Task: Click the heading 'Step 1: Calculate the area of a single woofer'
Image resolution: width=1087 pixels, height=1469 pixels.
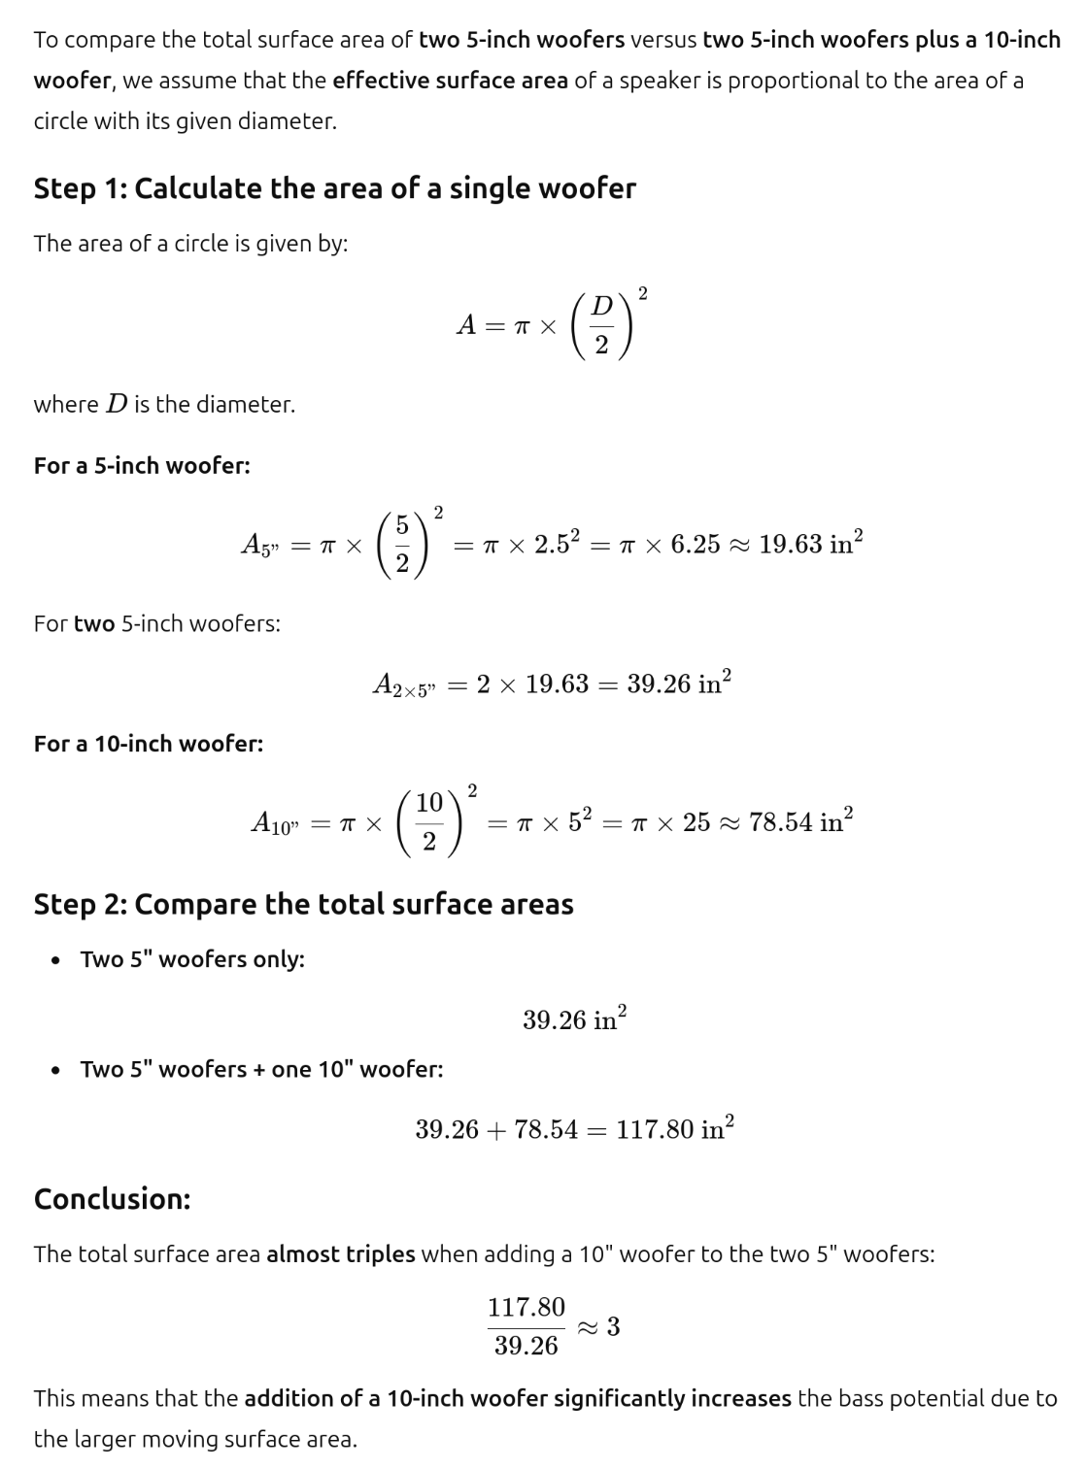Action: (334, 188)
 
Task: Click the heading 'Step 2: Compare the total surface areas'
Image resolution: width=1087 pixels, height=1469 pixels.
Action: (303, 904)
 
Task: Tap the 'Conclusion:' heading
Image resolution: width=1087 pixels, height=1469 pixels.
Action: (112, 1199)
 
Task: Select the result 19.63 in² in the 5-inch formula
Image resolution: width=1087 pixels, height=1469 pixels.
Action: (810, 544)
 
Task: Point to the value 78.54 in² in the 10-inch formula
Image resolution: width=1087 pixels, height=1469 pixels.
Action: (800, 821)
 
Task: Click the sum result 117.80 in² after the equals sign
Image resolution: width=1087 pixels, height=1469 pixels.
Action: (674, 1128)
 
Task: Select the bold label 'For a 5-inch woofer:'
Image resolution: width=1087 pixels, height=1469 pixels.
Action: (142, 466)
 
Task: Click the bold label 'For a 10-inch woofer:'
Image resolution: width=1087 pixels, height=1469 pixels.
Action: (148, 744)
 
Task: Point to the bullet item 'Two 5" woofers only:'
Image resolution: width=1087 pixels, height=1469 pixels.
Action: (192, 959)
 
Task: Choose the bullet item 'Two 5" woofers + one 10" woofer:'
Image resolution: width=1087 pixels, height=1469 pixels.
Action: (261, 1069)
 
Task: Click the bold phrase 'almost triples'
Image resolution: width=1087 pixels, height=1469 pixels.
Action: (340, 1253)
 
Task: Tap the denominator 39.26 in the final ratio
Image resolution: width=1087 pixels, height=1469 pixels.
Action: (526, 1346)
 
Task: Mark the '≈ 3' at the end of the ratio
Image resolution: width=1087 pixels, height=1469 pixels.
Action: (599, 1326)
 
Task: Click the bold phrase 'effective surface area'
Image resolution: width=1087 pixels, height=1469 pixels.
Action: (450, 81)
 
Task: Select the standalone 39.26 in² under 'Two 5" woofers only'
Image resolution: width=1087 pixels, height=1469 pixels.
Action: (574, 1019)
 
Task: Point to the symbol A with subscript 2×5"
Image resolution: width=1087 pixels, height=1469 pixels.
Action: (403, 684)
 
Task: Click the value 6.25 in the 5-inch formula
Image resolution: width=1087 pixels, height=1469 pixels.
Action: (696, 545)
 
